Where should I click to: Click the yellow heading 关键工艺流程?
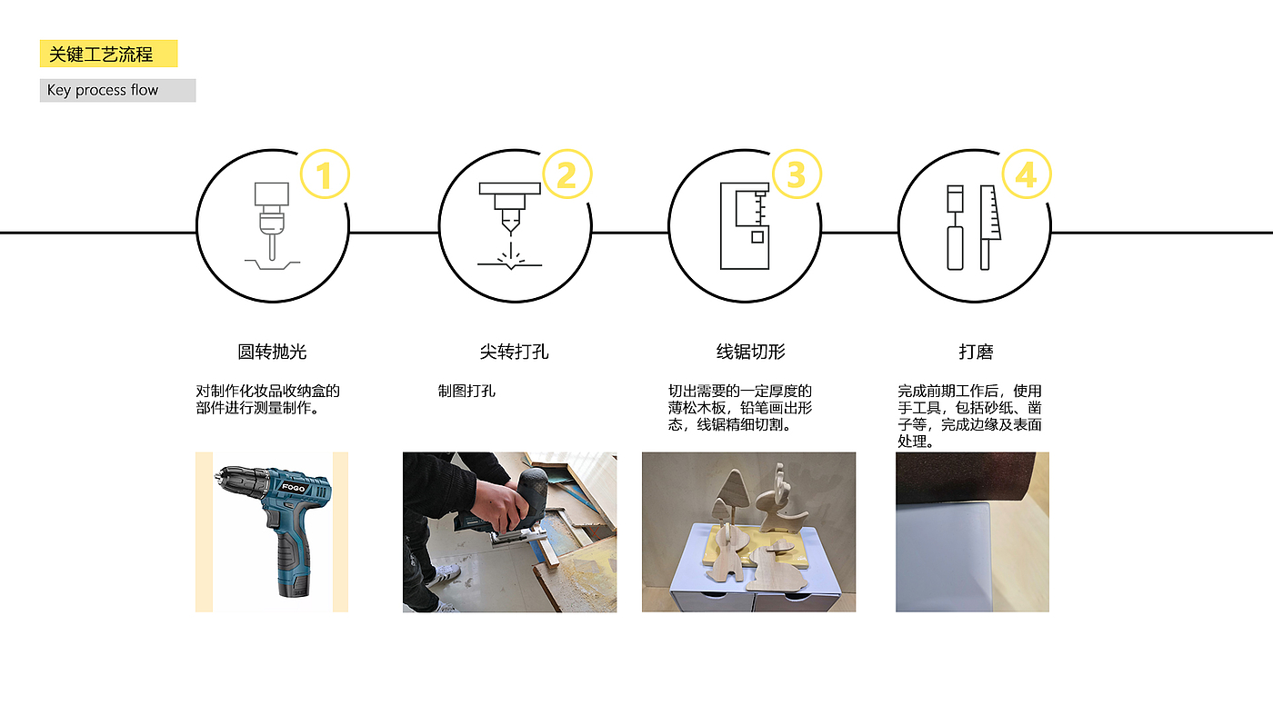pyautogui.click(x=101, y=55)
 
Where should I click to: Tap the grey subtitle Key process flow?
pyautogui.click(x=102, y=90)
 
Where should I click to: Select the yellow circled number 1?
pyautogui.click(x=325, y=174)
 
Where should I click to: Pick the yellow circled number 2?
pyautogui.click(x=567, y=174)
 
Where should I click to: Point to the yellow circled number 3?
pyautogui.click(x=797, y=174)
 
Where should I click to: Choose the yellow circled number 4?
pyautogui.click(x=1027, y=174)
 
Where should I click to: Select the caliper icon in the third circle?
pyautogui.click(x=745, y=226)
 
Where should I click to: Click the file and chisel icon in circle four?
pyautogui.click(x=974, y=227)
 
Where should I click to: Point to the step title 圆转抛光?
pyautogui.click(x=272, y=353)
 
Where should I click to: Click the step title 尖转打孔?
pyautogui.click(x=515, y=353)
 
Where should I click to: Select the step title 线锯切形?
pyautogui.click(x=751, y=353)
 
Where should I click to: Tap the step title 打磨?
pyautogui.click(x=976, y=353)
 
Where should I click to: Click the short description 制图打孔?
pyautogui.click(x=466, y=392)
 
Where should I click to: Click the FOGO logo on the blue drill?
pyautogui.click(x=294, y=487)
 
